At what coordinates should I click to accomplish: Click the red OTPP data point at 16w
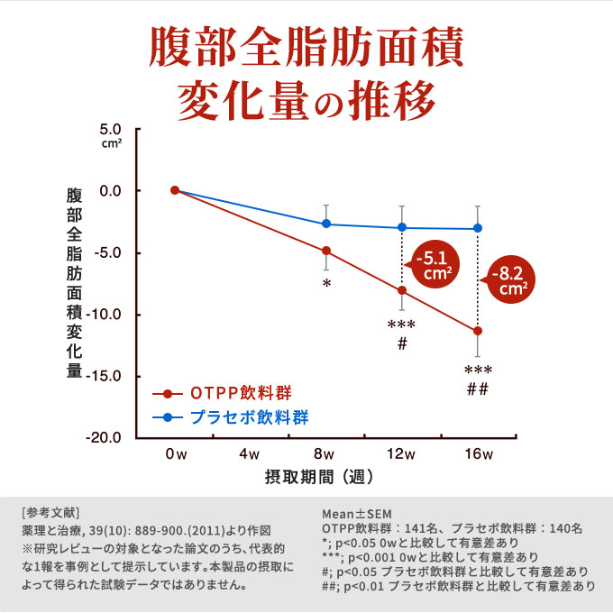tap(478, 331)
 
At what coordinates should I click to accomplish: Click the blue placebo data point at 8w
tap(326, 224)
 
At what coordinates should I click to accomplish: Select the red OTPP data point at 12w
tap(402, 290)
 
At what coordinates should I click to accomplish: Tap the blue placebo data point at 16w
tap(478, 228)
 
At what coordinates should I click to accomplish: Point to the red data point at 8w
tap(326, 251)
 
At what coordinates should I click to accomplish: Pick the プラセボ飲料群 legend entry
tap(248, 417)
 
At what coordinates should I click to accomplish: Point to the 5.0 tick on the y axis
tap(112, 129)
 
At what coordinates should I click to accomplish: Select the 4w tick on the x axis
tap(251, 453)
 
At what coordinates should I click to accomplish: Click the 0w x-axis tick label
tap(175, 453)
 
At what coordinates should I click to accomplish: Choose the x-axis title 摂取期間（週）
tap(320, 475)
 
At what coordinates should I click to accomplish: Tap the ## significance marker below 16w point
tap(478, 389)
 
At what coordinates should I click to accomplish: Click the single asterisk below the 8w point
tap(326, 284)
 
